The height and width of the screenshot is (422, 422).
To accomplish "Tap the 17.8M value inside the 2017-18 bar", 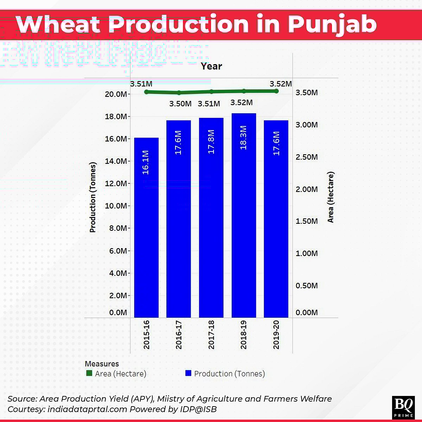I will (211, 141).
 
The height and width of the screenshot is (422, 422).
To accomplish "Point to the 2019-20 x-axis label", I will (276, 335).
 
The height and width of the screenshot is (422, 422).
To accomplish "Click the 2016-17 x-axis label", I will (179, 335).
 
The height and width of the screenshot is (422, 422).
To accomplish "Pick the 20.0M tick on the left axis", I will (116, 94).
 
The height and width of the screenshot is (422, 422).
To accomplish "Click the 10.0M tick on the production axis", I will (116, 206).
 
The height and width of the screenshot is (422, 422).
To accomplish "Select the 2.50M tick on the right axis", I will (306, 157).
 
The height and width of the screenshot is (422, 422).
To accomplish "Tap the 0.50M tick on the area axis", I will (306, 285).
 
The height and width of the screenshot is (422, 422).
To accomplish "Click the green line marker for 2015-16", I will (146, 92).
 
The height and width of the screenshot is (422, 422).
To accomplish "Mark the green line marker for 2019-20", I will (276, 91).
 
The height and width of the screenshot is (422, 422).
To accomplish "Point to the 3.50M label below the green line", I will (180, 104).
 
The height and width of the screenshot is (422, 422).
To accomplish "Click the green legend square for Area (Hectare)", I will (89, 373).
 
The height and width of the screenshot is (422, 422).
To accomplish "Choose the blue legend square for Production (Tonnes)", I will (188, 373).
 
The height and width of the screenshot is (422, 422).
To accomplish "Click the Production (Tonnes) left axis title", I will (92, 197).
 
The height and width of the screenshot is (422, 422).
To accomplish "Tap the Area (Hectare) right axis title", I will (331, 197).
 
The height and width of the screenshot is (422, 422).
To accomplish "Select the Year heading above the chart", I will (211, 66).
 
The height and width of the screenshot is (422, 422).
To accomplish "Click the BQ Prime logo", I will (403, 407).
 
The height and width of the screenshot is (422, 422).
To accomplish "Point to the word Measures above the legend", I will (102, 364).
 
